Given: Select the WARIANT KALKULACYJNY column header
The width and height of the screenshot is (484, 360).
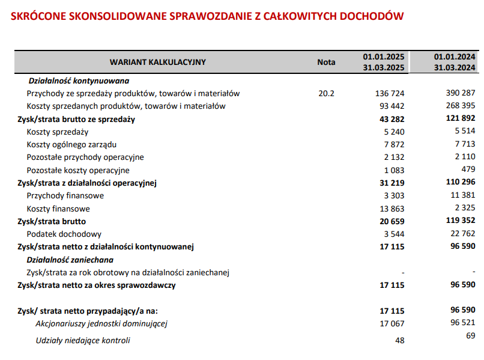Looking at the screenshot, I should (x=158, y=62).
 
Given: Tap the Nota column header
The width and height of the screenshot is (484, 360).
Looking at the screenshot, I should (x=326, y=62).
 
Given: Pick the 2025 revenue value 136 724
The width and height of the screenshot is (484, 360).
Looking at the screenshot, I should (x=390, y=94).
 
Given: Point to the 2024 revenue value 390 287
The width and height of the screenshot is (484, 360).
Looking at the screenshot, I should (x=461, y=93).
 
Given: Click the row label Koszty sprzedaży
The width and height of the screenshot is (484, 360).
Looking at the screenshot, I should (x=58, y=132).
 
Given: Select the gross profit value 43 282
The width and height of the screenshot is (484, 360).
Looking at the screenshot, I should (x=392, y=119).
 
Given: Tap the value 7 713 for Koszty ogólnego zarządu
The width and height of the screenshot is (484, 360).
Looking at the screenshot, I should (x=465, y=144).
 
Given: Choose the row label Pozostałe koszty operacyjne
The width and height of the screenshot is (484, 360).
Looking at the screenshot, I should (x=78, y=170).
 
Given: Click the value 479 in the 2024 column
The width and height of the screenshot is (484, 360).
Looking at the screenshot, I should (x=468, y=169).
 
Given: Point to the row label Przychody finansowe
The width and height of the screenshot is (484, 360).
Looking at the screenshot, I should (x=65, y=196).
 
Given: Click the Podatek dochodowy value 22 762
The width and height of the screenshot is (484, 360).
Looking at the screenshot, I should (x=463, y=234).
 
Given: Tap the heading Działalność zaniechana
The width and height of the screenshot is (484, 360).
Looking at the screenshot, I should (x=70, y=260).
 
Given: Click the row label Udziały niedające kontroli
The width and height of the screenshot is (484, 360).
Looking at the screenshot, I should (x=83, y=341).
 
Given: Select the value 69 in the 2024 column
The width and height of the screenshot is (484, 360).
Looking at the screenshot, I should (x=470, y=335).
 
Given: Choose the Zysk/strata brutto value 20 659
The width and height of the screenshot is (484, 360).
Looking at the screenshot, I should (x=392, y=221).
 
